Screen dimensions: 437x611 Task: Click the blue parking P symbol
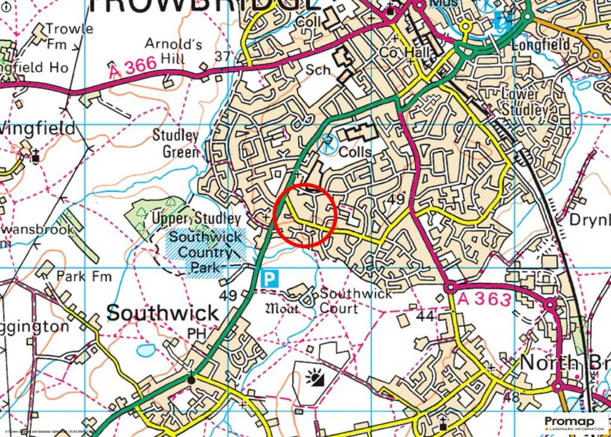pyautogui.click(x=270, y=278)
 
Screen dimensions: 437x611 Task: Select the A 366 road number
pyautogui.click(x=132, y=68)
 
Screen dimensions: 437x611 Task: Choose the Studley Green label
pyautogui.click(x=175, y=143)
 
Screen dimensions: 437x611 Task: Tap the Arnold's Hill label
pyautogui.click(x=165, y=51)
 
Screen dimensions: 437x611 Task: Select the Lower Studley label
pyautogui.click(x=520, y=102)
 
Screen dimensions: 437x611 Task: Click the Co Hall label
pyautogui.click(x=405, y=53)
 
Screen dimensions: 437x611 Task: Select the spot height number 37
pyautogui.click(x=222, y=56)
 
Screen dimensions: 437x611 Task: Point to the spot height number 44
pyautogui.click(x=425, y=316)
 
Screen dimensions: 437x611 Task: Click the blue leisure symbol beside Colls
pyautogui.click(x=326, y=143)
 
